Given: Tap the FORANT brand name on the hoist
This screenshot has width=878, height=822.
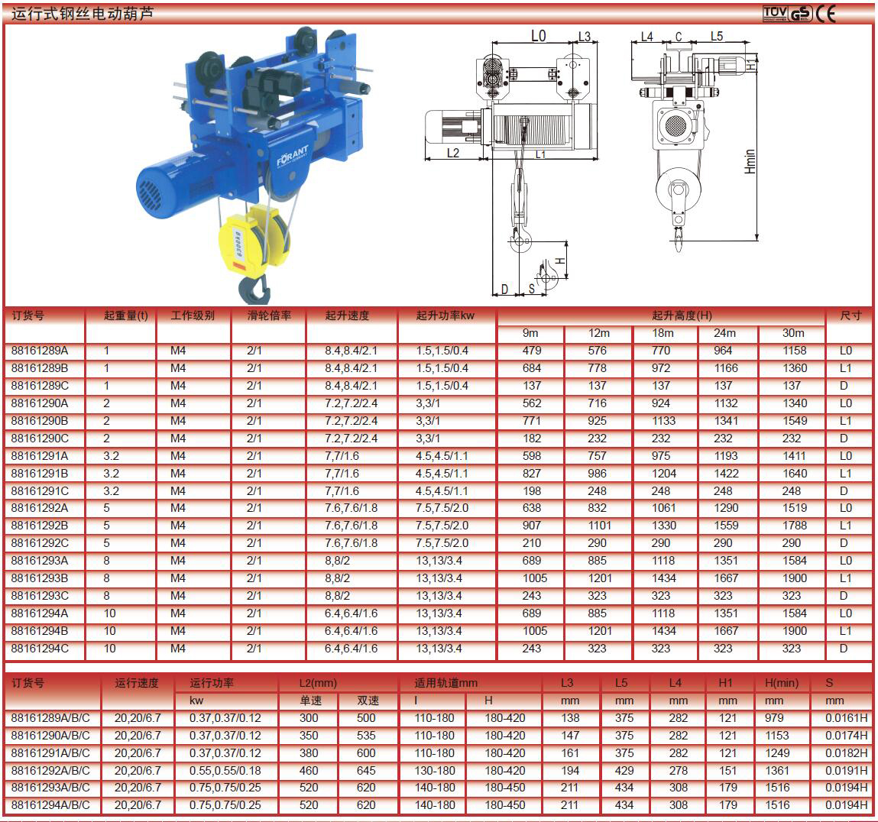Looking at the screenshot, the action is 293,156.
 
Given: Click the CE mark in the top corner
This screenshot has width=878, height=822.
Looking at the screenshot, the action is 826,14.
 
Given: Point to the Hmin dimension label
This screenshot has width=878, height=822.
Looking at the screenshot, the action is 750,161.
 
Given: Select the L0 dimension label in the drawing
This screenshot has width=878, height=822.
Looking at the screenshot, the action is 538,36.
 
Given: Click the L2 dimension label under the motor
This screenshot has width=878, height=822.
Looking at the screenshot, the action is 453,153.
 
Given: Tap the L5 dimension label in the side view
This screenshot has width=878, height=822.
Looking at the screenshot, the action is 717,36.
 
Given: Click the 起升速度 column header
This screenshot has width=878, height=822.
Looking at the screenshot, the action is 347,316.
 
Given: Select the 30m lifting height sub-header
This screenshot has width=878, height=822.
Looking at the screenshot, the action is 793,332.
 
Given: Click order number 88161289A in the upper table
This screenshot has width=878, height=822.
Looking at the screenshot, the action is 39,351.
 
